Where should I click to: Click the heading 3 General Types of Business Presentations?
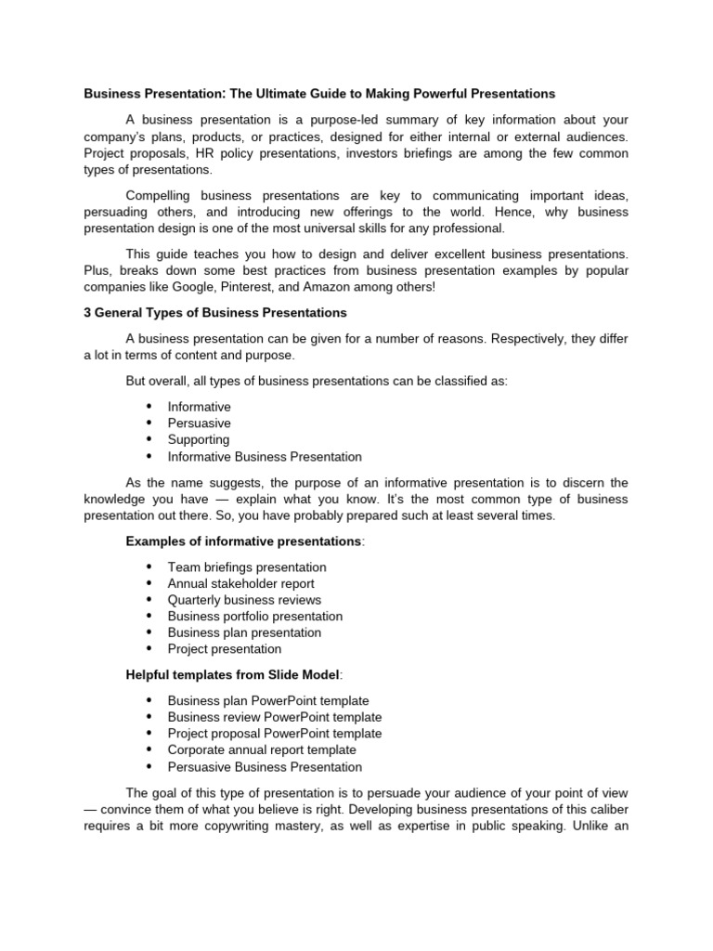point(215,313)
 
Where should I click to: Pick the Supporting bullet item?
point(198,440)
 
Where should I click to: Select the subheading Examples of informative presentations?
point(243,541)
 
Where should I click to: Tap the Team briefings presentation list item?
point(247,567)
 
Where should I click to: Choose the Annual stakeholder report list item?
point(240,584)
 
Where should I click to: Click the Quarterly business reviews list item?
point(244,601)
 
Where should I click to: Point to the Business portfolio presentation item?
point(255,617)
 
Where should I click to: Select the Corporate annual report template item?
point(262,750)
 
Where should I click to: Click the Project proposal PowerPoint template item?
point(275,734)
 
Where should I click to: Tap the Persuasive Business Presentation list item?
point(265,767)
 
